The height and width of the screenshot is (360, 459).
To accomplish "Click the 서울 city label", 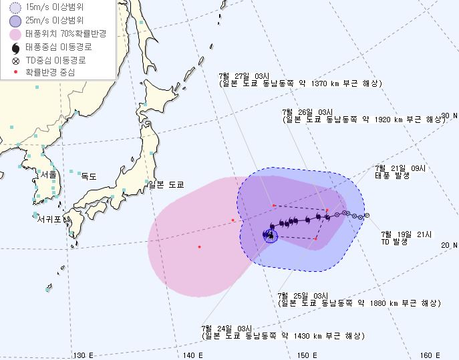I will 49,174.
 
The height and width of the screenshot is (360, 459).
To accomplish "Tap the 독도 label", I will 88,177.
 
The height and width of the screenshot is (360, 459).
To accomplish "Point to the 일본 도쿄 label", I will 166,184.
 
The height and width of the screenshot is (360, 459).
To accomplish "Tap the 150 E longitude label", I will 307,355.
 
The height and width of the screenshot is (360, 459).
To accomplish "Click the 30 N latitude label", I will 449,116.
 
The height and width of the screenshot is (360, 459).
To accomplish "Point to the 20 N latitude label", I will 449,246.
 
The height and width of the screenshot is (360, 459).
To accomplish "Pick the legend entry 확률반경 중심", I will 50,71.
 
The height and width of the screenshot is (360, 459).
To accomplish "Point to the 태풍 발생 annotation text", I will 391,175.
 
